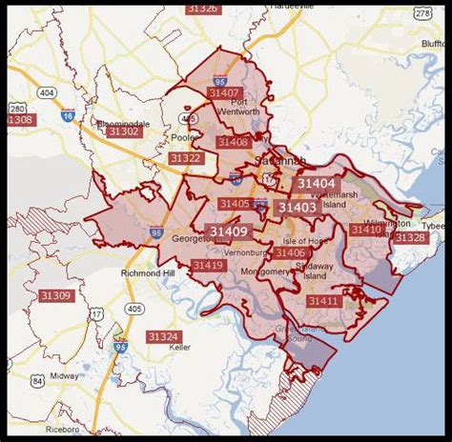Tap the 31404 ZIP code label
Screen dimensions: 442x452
pyautogui.click(x=315, y=183)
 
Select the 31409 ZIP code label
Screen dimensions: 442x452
pyautogui.click(x=228, y=231)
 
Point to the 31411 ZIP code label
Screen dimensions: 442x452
pyautogui.click(x=323, y=301)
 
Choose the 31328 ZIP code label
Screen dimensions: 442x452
pyautogui.click(x=411, y=237)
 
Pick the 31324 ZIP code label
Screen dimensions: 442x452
pyautogui.click(x=163, y=336)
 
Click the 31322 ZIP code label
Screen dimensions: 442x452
pyautogui.click(x=185, y=158)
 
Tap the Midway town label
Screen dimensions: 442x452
pyautogui.click(x=65, y=376)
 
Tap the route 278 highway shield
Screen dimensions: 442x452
pyautogui.click(x=421, y=14)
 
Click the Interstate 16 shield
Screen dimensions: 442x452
pyautogui.click(x=67, y=115)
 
